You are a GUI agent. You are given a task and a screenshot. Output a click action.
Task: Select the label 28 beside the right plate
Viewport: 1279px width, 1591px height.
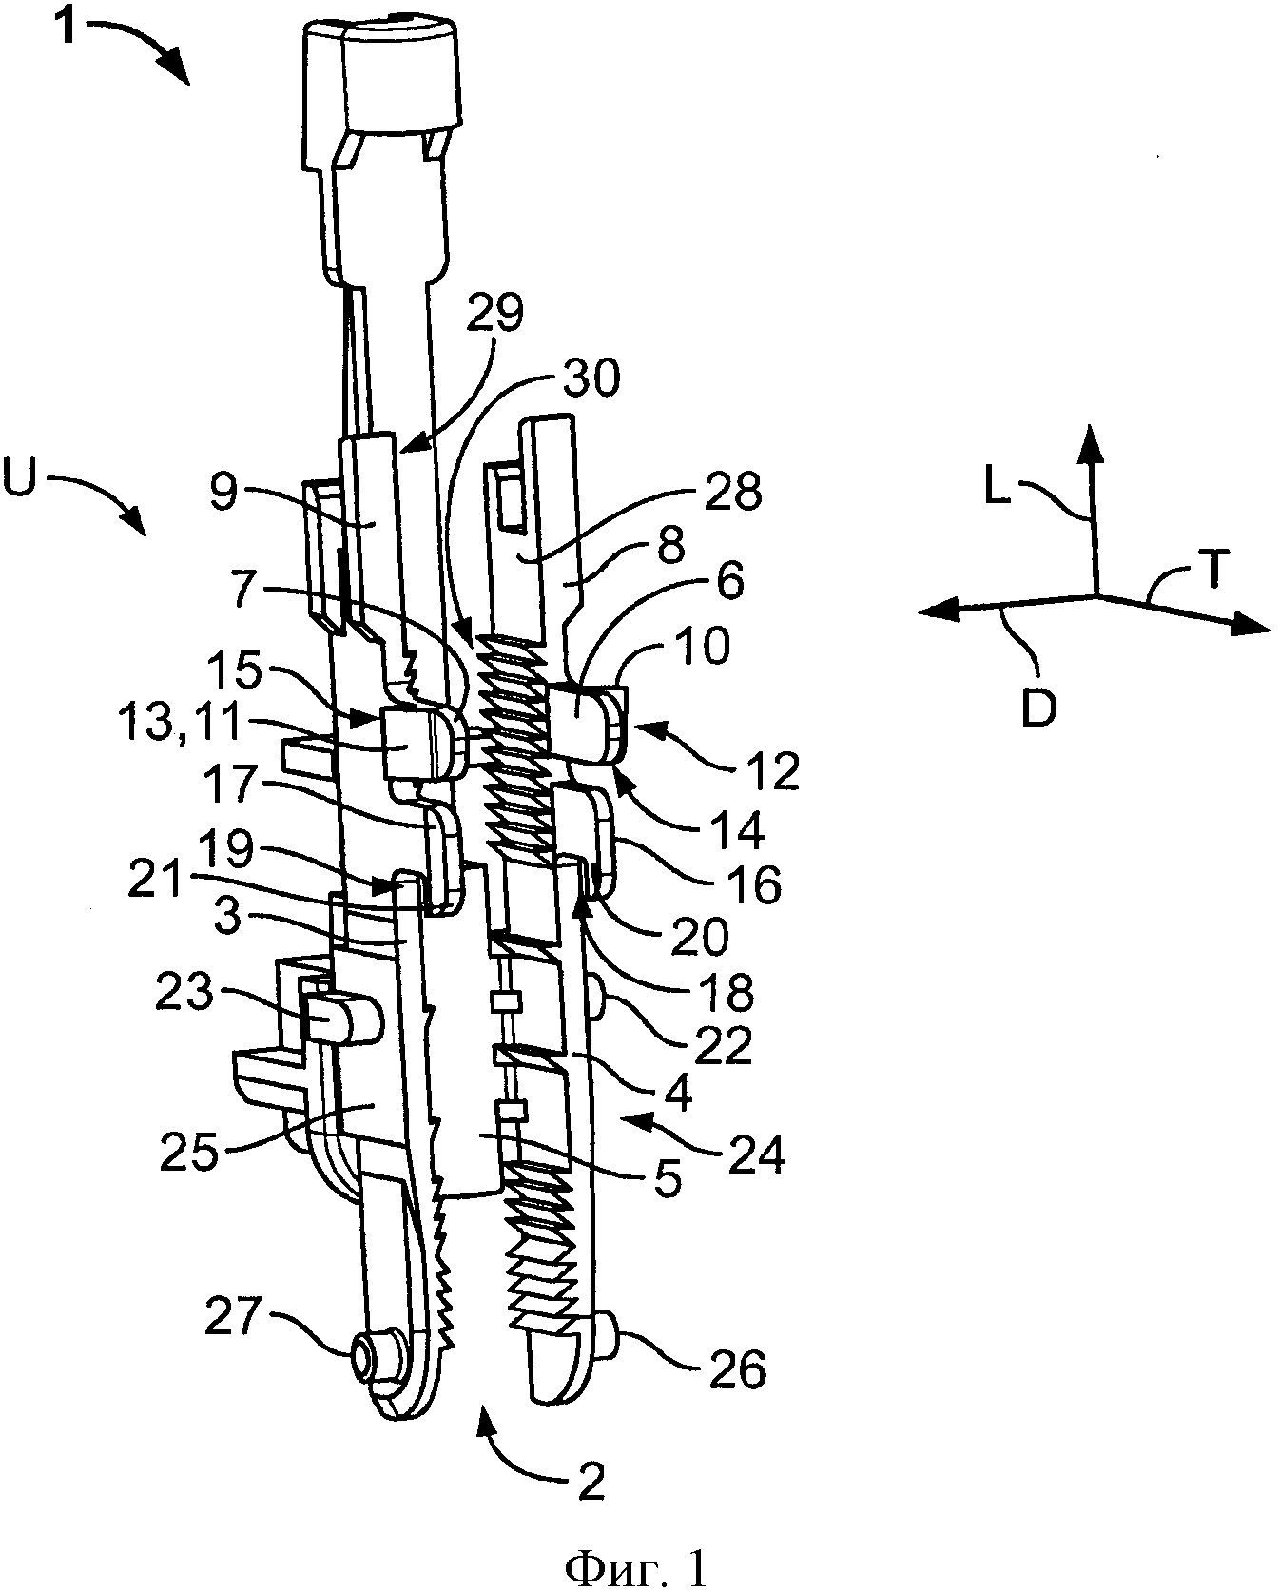tap(734, 495)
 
